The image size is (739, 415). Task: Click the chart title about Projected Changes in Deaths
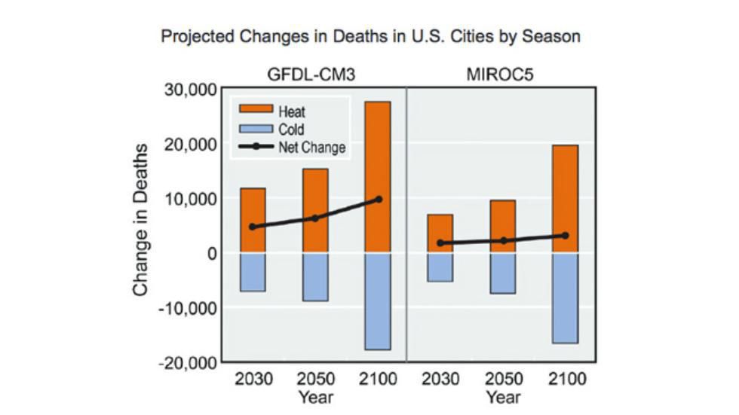pyautogui.click(x=370, y=36)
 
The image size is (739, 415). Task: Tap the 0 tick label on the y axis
pyautogui.click(x=212, y=253)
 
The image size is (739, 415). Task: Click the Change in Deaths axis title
pyautogui.click(x=141, y=226)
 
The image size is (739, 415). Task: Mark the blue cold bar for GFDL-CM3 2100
pyautogui.click(x=378, y=301)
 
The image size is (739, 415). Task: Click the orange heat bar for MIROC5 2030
pyautogui.click(x=440, y=233)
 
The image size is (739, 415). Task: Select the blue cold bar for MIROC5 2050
pyautogui.click(x=502, y=273)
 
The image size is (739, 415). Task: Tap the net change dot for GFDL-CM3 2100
pyautogui.click(x=378, y=200)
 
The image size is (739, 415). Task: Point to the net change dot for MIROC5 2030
pyautogui.click(x=440, y=243)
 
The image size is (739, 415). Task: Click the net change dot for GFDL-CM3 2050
pyautogui.click(x=315, y=218)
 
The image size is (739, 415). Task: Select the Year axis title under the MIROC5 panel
pyautogui.click(x=502, y=397)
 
